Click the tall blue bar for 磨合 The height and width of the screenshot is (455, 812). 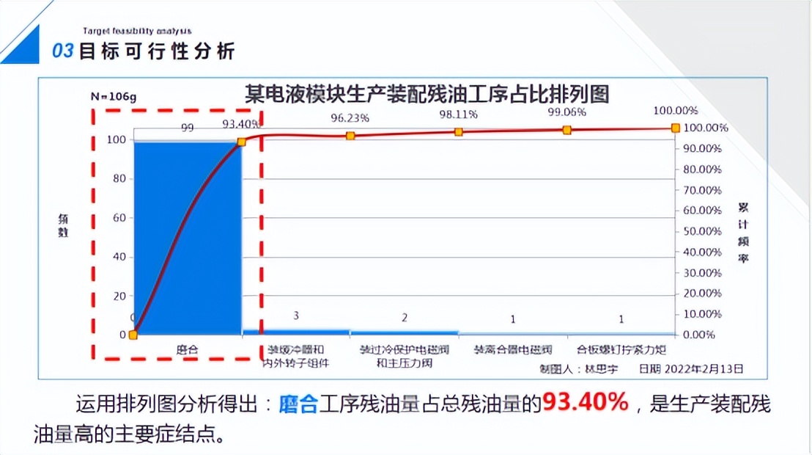coord(187,235)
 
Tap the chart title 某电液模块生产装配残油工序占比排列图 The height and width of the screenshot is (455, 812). coord(427,95)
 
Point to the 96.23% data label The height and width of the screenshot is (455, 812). coord(350,117)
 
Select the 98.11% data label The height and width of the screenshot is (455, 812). coord(459,114)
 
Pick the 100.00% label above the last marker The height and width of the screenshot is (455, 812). coord(674,111)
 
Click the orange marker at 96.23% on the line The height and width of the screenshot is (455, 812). coord(350,136)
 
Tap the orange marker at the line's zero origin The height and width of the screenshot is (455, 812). coord(133,335)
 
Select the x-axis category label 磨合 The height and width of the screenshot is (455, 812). coord(187,349)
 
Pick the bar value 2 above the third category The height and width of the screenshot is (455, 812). coord(405,318)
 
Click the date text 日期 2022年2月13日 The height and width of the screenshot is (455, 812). coord(690,368)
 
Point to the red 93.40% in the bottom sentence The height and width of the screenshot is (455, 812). coord(585,403)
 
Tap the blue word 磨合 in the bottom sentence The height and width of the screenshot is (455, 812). coord(298,404)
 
